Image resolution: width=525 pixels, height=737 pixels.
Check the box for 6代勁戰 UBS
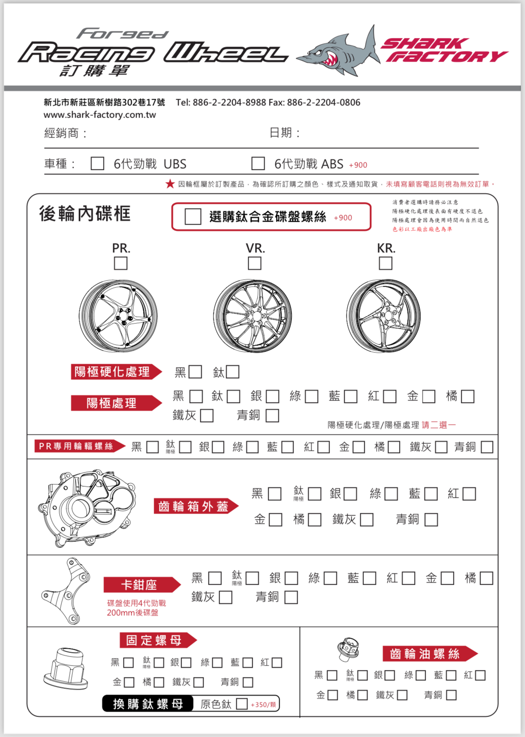pos(97,163)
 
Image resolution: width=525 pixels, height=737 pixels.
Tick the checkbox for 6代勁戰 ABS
pos(258,163)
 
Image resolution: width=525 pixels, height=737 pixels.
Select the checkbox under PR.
pos(121,263)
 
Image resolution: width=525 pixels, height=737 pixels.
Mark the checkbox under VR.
pos(254,263)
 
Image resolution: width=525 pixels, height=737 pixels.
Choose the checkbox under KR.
pos(385,263)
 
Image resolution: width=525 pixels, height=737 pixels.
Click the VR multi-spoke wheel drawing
pos(253,316)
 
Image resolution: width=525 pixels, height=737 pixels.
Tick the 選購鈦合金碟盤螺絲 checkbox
pos(193,216)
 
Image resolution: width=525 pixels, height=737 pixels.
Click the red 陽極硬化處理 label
pos(112,372)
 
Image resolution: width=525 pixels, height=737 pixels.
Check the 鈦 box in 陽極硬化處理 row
pos(232,372)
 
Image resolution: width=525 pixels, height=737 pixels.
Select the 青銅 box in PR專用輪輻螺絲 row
pos(487,447)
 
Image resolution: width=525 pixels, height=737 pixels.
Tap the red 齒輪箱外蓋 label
pos(193,506)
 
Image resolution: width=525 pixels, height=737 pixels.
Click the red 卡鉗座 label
pos(139,585)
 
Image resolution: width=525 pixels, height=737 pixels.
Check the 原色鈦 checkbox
pos(242,704)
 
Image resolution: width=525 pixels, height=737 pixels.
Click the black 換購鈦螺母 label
pos(148,704)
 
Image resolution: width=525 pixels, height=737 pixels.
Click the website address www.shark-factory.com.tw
pos(100,115)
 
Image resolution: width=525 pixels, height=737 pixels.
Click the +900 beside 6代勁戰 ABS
pos(358,165)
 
